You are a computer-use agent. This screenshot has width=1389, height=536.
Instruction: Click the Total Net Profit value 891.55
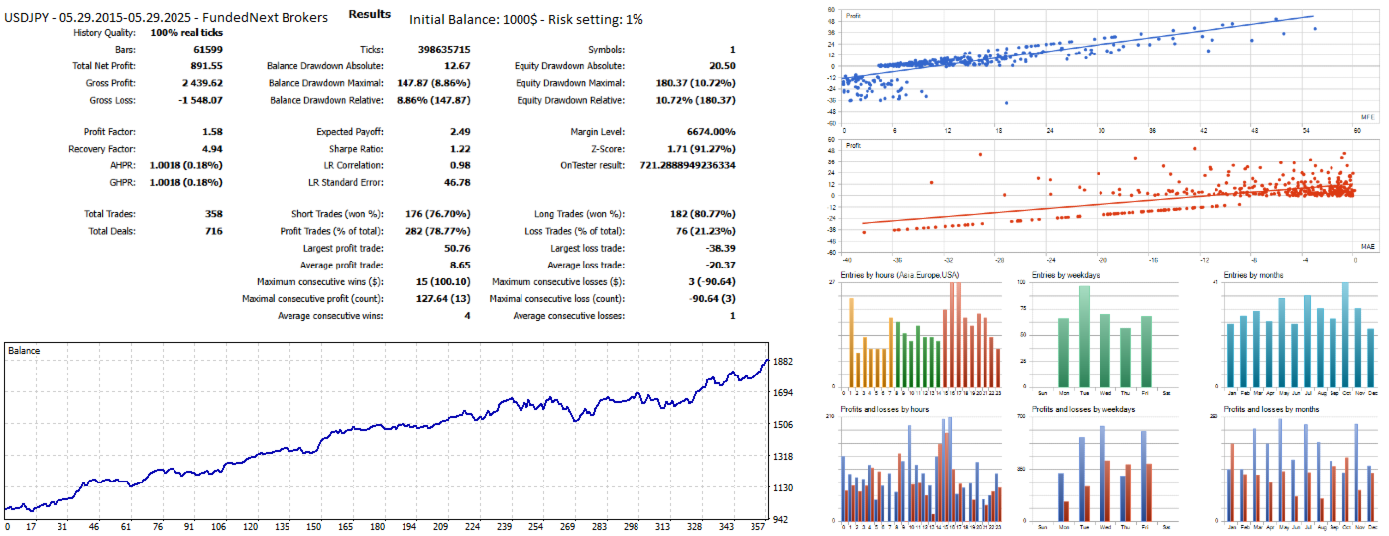coord(206,65)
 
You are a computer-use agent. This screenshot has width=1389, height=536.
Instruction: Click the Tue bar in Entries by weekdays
coord(1084,337)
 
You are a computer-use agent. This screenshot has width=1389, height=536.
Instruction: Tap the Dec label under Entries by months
coord(1370,393)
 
